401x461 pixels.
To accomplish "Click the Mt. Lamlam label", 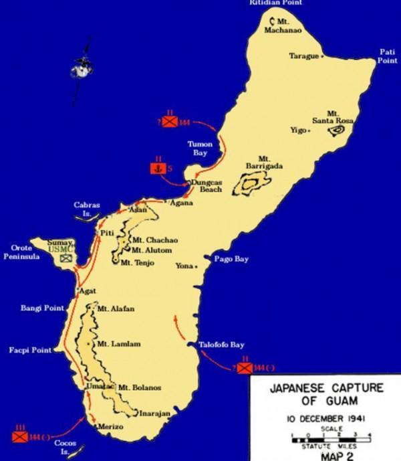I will click(x=112, y=344).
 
